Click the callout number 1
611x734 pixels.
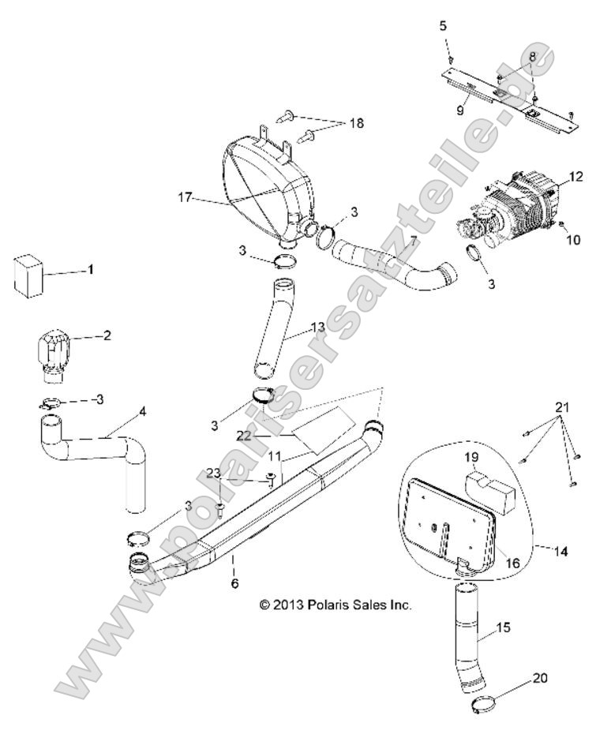pos(90,270)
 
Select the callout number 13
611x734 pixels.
pos(318,327)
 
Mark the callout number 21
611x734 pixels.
pos(563,408)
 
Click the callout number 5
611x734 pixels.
pos(443,26)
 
